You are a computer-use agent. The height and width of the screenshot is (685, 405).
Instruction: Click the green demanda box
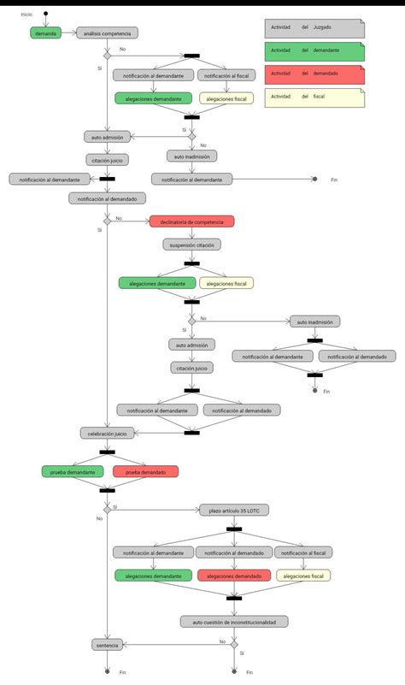46,32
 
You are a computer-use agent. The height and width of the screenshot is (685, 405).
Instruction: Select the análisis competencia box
107,32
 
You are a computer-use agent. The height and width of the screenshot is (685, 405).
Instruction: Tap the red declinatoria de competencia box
191,221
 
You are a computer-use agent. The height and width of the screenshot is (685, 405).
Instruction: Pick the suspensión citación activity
191,244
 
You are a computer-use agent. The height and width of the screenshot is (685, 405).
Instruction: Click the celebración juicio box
107,434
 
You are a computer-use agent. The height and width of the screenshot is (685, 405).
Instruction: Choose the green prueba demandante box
73,471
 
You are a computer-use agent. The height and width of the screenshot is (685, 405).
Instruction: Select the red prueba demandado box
145,471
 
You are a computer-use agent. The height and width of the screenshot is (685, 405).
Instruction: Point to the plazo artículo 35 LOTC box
234,511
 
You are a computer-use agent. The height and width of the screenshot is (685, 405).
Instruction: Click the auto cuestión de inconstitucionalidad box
234,621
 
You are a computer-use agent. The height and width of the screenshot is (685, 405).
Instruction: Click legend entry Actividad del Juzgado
314,27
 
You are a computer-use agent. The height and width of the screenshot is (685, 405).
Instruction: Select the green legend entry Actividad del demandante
314,50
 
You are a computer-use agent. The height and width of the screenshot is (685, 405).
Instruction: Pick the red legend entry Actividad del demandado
314,74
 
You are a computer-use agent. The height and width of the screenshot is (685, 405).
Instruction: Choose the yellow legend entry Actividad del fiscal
314,97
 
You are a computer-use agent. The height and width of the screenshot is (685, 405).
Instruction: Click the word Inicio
27,15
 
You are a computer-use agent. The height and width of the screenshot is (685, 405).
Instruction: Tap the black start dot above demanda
46,15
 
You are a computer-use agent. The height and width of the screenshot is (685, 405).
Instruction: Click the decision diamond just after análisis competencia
107,56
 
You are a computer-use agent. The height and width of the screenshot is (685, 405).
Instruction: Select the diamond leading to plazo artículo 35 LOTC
107,510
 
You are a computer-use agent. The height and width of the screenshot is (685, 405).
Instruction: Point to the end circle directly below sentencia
107,671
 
